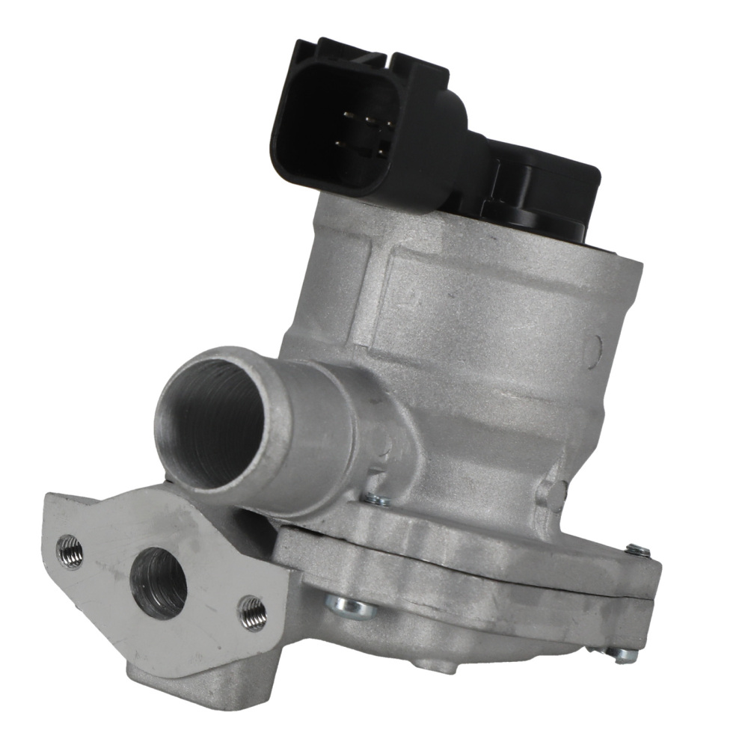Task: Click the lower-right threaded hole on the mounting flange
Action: pos(252,613)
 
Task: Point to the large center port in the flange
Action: pos(158,582)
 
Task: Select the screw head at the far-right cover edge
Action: pos(637,551)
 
